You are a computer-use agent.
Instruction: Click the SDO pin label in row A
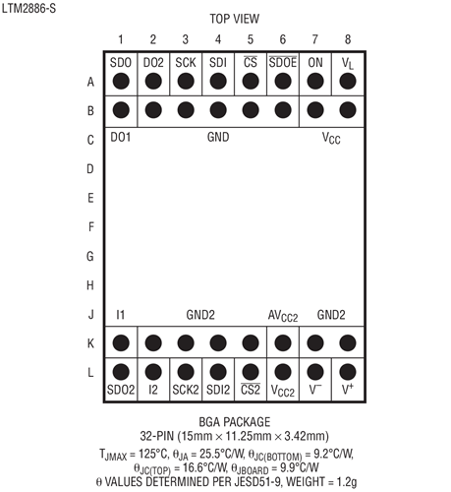121,62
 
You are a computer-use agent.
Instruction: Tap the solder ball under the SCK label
186,81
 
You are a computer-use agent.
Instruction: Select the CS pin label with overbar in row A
251,62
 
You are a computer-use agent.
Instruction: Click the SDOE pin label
283,62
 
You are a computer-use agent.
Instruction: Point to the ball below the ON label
315,81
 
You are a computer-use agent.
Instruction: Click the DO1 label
121,137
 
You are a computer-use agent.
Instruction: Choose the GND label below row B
218,137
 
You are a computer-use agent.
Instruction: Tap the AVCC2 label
283,316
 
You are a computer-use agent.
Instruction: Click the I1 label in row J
121,315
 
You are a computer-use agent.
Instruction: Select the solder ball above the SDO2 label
121,372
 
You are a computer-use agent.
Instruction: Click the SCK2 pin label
186,390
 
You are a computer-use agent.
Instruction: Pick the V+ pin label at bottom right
348,389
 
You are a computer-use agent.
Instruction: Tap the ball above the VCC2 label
283,372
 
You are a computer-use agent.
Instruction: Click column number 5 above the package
251,39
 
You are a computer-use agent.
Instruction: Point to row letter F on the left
91,227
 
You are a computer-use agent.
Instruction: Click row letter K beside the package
90,343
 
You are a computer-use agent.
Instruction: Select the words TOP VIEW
235,19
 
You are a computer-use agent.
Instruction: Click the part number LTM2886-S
28,8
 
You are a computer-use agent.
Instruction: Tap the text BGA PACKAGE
235,422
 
